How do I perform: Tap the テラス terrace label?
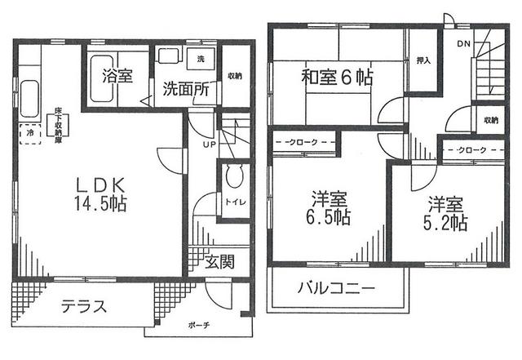click(x=83, y=308)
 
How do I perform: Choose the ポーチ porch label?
click(x=198, y=325)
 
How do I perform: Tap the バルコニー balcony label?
click(x=336, y=289)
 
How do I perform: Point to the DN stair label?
click(x=463, y=43)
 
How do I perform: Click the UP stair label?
click(x=208, y=144)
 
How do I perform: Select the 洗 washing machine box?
click(x=201, y=60)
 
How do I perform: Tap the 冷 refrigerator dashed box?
click(x=30, y=131)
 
